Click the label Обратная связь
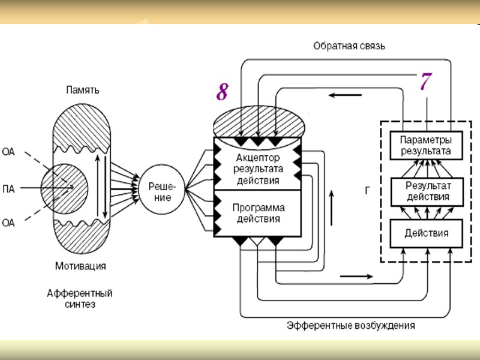click(349, 46)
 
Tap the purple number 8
click(222, 92)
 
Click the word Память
click(83, 91)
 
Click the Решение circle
click(161, 191)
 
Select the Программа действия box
click(257, 213)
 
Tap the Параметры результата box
click(425, 145)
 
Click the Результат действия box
click(425, 191)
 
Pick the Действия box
click(425, 233)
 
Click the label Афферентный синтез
click(79, 299)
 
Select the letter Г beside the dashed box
click(367, 191)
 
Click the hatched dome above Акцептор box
click(260, 122)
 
